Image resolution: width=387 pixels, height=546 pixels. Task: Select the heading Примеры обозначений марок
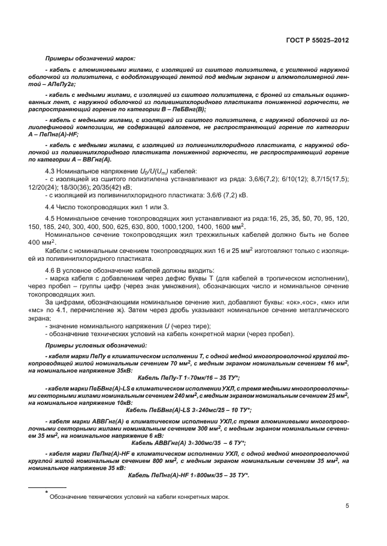(90, 59)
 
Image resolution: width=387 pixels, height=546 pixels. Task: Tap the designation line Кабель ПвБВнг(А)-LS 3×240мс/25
(189, 409)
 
